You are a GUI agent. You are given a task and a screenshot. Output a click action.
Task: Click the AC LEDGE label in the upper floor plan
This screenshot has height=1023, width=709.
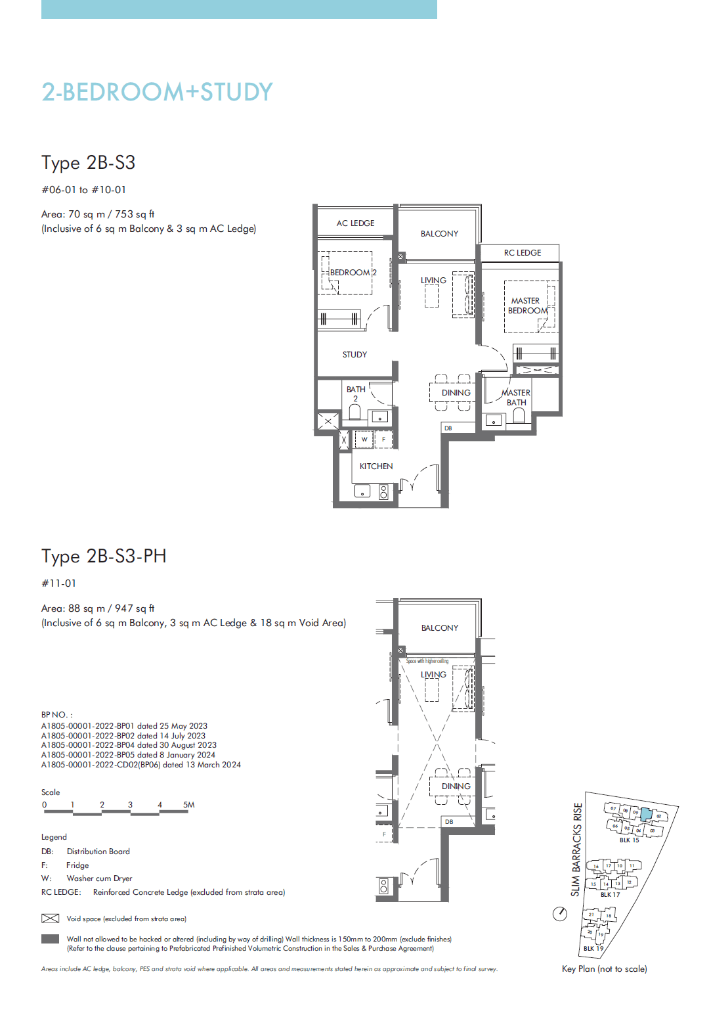coord(355,223)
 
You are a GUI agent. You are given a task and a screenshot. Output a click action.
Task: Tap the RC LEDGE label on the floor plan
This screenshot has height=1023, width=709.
coord(523,253)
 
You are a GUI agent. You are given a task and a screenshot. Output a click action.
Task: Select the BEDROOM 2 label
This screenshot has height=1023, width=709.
coord(353,273)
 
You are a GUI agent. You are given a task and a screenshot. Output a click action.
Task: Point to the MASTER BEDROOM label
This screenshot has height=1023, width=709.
coord(527,306)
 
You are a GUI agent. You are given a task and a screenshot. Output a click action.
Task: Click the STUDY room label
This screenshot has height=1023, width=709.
coord(354,355)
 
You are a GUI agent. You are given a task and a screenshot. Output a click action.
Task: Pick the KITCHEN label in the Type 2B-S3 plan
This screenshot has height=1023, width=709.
coord(376,466)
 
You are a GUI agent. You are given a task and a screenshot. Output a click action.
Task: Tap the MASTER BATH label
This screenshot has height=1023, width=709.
coord(516,398)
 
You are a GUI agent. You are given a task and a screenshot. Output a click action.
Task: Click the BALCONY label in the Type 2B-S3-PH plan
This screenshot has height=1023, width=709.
coord(440,628)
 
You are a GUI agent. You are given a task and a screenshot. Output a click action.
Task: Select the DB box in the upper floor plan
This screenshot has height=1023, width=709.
coord(448,428)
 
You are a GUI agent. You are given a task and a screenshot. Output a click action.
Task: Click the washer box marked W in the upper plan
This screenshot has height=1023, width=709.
coord(364,440)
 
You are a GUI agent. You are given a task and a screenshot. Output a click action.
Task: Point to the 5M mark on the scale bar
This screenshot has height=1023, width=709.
coord(188,805)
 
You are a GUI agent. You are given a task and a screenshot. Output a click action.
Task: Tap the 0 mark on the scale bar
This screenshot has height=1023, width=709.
coord(45,805)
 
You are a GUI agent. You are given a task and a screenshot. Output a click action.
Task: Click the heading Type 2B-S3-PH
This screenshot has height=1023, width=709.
coord(104,557)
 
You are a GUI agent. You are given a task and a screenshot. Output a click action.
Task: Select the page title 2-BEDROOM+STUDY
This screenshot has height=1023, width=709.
coord(157,92)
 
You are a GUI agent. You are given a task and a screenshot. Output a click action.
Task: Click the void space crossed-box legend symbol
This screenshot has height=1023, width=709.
coord(50,919)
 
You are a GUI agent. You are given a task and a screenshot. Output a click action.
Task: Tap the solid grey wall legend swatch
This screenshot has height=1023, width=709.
coord(50,939)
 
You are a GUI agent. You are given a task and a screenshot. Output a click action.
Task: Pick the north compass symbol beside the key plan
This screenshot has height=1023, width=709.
coord(560,914)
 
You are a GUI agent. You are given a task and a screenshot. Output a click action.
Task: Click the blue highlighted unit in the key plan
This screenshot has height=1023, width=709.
coord(647,815)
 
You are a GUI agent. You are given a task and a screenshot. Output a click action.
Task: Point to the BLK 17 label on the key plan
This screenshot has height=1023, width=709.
coord(610,895)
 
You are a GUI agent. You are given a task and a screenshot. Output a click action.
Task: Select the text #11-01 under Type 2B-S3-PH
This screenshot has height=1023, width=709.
coord(59,583)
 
